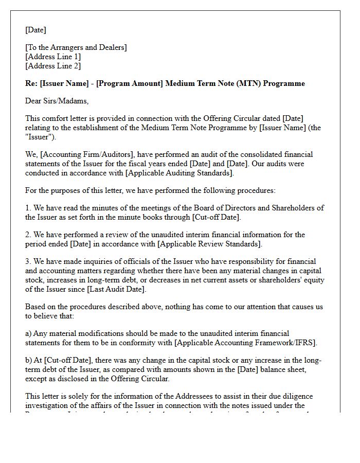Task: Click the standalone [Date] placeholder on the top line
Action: (36, 30)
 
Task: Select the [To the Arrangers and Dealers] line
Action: (76, 47)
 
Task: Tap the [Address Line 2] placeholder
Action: (53, 66)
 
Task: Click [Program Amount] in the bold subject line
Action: (127, 83)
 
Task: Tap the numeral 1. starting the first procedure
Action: (28, 208)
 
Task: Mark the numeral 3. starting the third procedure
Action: (28, 261)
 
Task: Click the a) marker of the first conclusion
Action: (29, 333)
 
